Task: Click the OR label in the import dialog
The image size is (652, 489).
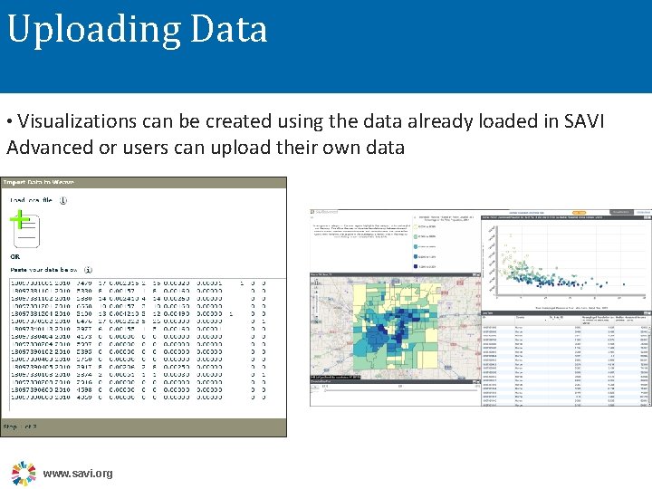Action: [x=15, y=256]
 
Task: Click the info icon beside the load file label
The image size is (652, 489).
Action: [x=63, y=200]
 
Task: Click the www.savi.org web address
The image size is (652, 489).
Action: [x=79, y=474]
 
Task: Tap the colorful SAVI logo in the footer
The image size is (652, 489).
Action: [x=24, y=473]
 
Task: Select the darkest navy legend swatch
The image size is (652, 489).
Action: [x=417, y=266]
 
